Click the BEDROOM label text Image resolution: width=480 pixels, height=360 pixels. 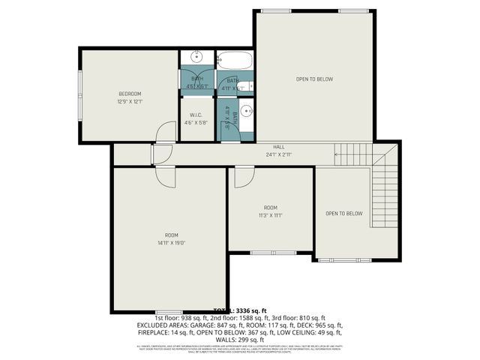(130, 94)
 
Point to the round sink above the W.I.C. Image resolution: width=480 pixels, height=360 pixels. (197, 57)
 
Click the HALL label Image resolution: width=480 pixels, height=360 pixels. (278, 148)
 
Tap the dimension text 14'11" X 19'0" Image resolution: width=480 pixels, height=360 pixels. (171, 242)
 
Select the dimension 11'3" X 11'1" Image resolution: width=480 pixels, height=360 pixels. (270, 215)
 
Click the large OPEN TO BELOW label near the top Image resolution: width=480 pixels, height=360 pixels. (313, 79)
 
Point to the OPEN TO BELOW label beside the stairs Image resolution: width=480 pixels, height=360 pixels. (343, 213)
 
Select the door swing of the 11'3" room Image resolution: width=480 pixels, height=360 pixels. (244, 178)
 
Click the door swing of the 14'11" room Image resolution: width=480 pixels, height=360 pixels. (164, 177)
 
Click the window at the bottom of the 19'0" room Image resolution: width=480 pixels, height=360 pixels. (169, 310)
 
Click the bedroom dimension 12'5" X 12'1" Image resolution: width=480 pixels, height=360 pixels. (130, 101)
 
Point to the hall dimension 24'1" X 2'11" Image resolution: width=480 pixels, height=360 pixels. (278, 155)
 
